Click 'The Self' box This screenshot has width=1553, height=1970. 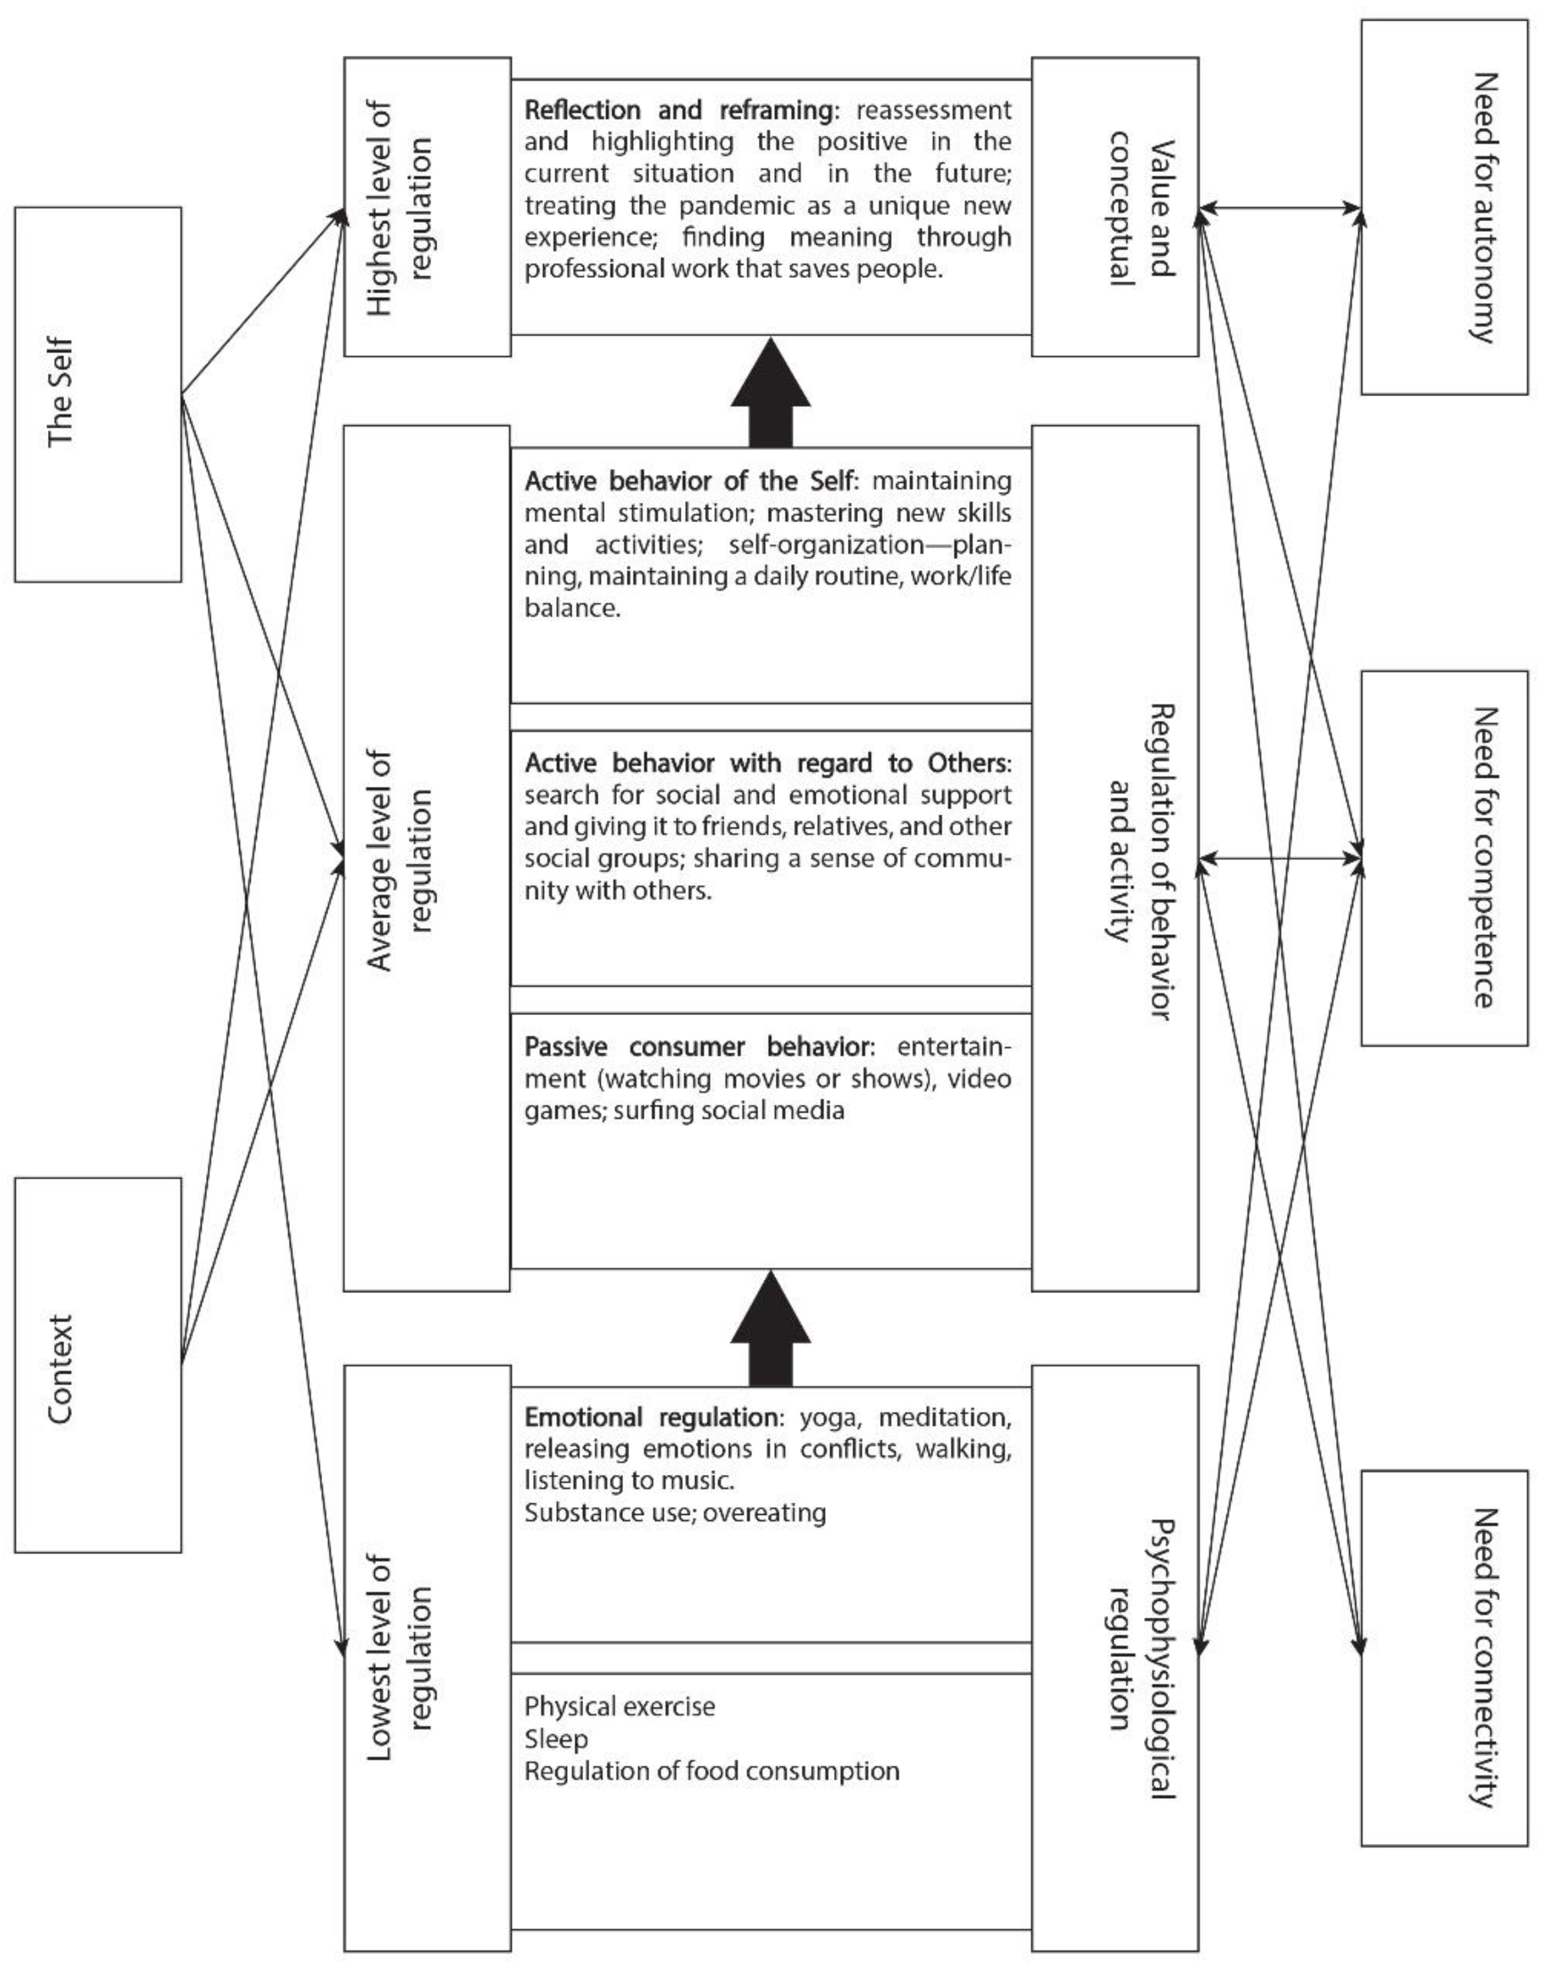97,394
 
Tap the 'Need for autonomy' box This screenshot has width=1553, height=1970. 1444,207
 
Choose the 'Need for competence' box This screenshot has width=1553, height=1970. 1444,858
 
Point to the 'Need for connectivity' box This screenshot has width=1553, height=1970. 1444,1657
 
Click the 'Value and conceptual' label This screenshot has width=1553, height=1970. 1135,207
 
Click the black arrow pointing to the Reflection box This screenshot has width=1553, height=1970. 770,393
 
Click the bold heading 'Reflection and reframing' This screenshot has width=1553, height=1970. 677,110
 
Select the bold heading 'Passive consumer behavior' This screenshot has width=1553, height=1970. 696,1047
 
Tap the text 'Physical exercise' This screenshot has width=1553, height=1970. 619,1706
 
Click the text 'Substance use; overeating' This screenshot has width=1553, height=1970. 675,1513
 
